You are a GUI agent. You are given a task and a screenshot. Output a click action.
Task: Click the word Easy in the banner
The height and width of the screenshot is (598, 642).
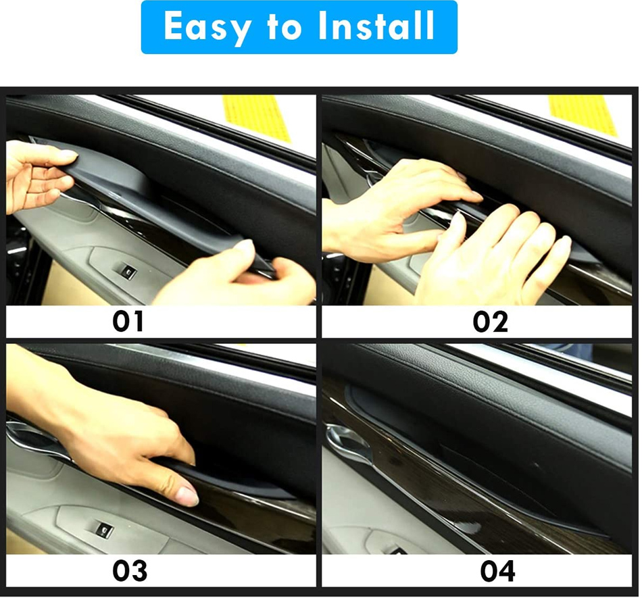click(207, 27)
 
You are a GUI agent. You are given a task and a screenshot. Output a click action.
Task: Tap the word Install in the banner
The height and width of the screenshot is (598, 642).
click(376, 26)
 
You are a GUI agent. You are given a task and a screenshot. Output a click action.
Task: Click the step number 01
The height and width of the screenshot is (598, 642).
click(128, 322)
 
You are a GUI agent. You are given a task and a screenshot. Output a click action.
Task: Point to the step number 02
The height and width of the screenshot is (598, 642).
click(490, 322)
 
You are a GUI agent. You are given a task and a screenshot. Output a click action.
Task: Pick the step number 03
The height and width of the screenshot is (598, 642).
click(130, 570)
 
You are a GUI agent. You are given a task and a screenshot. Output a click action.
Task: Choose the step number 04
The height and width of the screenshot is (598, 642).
click(497, 571)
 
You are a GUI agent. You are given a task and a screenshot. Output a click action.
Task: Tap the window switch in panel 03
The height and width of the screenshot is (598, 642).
click(103, 531)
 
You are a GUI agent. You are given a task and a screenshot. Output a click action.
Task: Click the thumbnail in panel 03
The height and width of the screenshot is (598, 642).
click(187, 496)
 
